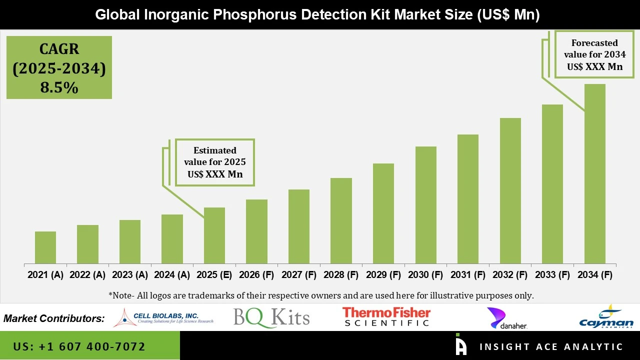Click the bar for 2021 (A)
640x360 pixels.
[x=45, y=247]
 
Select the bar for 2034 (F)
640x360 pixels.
[x=594, y=173]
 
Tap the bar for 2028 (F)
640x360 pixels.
[x=341, y=220]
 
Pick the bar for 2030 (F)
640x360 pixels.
[x=425, y=205]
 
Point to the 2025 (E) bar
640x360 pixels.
[x=214, y=235]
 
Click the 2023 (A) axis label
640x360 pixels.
[x=129, y=275]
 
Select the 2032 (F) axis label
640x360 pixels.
[x=510, y=275]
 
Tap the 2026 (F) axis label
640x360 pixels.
[x=256, y=275]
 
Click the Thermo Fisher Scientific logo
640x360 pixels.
[x=386, y=317]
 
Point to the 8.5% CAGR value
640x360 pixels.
[x=59, y=88]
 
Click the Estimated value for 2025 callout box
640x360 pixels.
[x=214, y=162]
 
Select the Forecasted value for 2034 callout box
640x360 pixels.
[x=594, y=54]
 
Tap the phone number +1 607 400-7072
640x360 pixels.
[x=79, y=346]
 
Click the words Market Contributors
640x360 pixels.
[x=54, y=318]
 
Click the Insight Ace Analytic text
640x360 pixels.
[x=551, y=347]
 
